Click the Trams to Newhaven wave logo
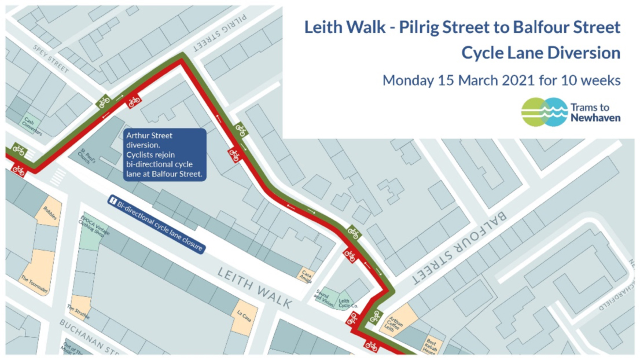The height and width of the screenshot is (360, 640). click(x=545, y=112)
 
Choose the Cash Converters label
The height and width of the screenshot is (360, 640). click(x=32, y=126)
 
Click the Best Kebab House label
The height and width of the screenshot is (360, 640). click(x=430, y=346)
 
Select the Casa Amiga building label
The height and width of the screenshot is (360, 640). click(x=305, y=275)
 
